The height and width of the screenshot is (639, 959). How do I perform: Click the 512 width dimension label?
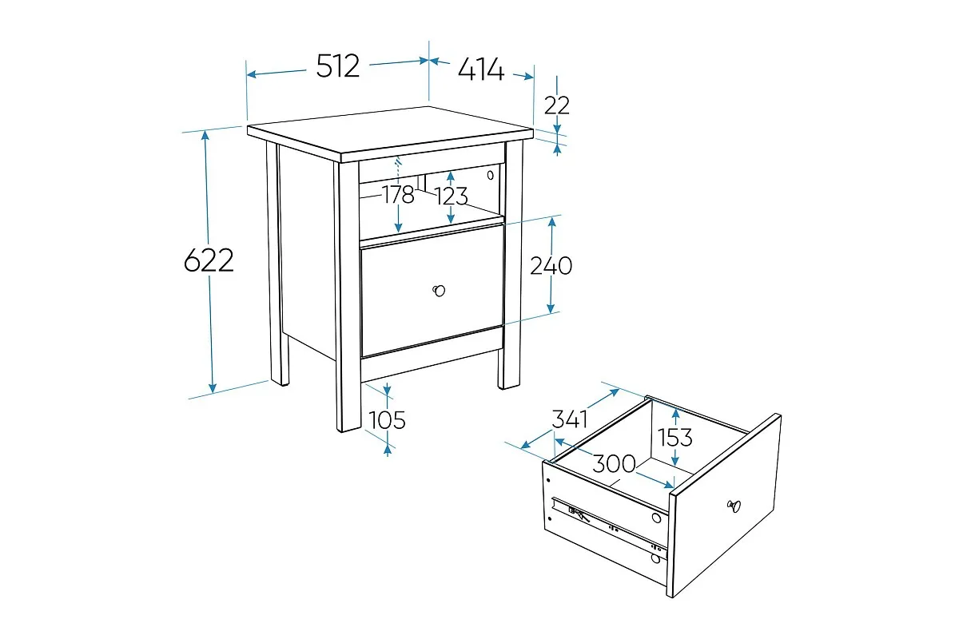[x=338, y=66]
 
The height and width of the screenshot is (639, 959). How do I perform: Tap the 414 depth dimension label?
[x=481, y=69]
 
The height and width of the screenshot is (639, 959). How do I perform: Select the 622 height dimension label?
[x=209, y=260]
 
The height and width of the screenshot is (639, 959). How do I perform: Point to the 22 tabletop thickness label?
[x=556, y=105]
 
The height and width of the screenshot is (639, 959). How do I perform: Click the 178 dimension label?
[x=398, y=195]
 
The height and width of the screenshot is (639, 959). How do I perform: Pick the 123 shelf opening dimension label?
[x=452, y=196]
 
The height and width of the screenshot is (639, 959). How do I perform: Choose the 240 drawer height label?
[x=551, y=266]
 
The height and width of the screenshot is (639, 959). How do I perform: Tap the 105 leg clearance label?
[x=387, y=420]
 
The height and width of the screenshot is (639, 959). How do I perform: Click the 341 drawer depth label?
[x=570, y=419]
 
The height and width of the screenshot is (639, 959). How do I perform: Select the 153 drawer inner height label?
[x=674, y=438]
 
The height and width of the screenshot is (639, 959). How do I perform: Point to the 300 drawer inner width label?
[x=614, y=463]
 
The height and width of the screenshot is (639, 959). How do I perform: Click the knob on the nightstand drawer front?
[x=439, y=291]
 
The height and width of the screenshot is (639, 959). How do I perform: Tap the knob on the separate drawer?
[x=734, y=506]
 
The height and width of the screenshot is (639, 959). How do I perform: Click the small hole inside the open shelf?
[x=490, y=175]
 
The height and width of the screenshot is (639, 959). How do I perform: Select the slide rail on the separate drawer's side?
[x=609, y=527]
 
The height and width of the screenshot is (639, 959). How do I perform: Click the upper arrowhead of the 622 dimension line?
[x=205, y=135]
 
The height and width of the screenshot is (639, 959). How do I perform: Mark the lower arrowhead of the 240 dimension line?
[x=551, y=308]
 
